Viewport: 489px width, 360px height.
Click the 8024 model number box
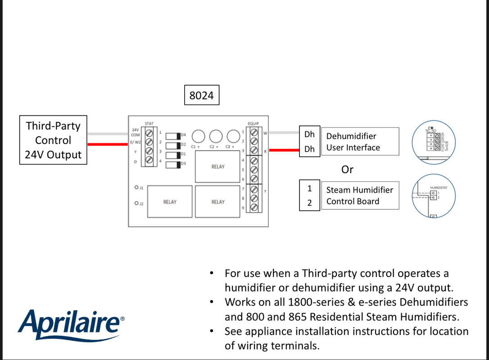coord(202,95)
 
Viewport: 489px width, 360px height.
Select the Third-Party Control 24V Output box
coord(53,140)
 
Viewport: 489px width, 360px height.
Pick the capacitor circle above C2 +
coord(216,136)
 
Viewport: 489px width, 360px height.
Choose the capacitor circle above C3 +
coord(233,136)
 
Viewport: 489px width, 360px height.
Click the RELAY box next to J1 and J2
coord(170,202)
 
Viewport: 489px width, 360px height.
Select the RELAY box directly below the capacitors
coord(218,166)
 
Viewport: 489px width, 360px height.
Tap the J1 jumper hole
coord(136,187)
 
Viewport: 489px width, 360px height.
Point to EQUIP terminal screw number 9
coord(254,207)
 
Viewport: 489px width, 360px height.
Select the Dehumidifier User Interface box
coord(359,142)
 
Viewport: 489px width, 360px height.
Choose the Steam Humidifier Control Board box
coord(359,196)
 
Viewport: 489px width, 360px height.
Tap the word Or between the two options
coord(347,170)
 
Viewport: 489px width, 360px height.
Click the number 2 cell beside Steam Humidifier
coord(309,202)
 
